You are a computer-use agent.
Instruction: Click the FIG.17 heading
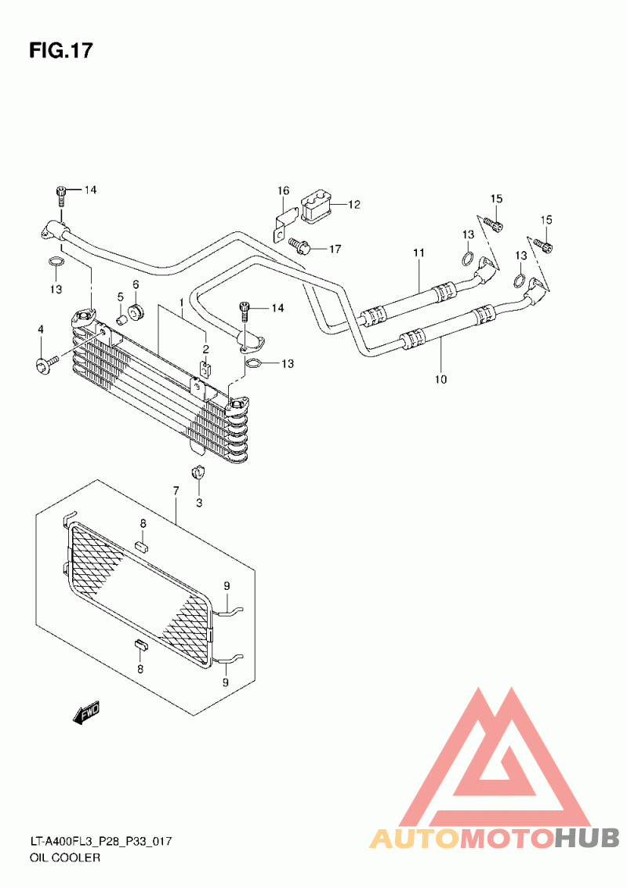(x=60, y=51)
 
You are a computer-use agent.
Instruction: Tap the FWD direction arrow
(x=86, y=713)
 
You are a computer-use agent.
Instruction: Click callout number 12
(x=354, y=205)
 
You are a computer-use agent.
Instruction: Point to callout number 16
(x=283, y=191)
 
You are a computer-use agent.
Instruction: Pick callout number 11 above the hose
(x=419, y=253)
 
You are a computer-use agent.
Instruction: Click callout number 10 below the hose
(x=440, y=379)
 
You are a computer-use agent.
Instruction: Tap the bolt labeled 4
(x=47, y=363)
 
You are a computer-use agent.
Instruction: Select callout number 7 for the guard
(x=176, y=490)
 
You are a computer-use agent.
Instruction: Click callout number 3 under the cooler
(x=199, y=502)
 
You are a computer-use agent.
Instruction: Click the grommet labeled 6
(x=136, y=311)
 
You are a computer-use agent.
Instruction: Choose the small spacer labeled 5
(x=121, y=320)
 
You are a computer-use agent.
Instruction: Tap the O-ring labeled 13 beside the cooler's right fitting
(x=254, y=363)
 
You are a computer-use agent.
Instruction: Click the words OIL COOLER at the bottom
(x=65, y=857)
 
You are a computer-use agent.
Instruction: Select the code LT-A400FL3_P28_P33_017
(x=101, y=842)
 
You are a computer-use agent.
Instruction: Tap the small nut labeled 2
(x=206, y=369)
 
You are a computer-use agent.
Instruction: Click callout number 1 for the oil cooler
(x=181, y=303)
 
